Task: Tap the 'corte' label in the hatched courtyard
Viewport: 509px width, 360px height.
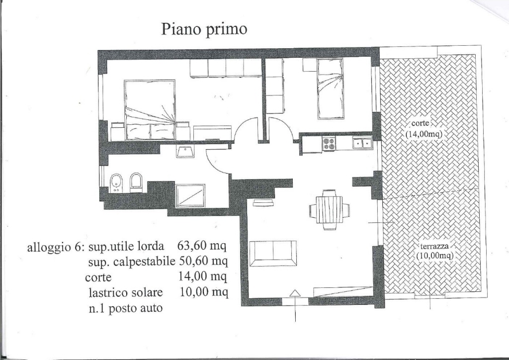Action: (x=421, y=123)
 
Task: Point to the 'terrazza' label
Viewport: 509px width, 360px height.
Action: (x=435, y=246)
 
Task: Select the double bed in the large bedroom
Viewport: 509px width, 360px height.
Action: (x=150, y=110)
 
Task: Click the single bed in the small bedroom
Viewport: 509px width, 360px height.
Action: (x=330, y=89)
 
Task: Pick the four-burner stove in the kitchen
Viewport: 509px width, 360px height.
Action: (x=330, y=144)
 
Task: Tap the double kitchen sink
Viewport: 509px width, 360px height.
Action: (x=362, y=143)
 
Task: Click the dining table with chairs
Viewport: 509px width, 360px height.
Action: (x=330, y=210)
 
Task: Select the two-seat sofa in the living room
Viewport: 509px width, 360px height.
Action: (x=273, y=253)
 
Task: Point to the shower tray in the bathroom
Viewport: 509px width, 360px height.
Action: (x=190, y=196)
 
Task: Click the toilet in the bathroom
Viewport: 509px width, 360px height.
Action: (x=136, y=182)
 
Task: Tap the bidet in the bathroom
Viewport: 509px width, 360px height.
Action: (x=115, y=183)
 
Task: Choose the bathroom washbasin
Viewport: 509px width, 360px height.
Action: (x=185, y=151)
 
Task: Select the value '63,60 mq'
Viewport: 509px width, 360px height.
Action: (x=202, y=246)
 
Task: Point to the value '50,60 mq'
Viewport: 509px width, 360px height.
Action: (x=203, y=261)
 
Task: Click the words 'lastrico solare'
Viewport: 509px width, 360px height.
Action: (x=126, y=293)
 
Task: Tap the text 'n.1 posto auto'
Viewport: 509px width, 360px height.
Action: (x=126, y=308)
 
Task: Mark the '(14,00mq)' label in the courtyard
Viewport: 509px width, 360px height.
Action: (x=424, y=134)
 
